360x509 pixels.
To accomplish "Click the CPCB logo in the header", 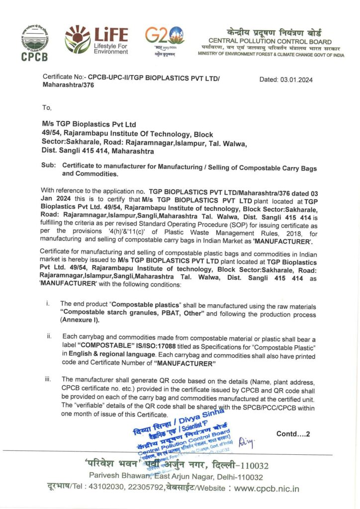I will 35,43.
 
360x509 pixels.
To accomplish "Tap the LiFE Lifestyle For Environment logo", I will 96,40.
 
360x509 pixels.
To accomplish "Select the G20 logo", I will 165,40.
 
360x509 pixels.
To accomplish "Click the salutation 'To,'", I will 47,107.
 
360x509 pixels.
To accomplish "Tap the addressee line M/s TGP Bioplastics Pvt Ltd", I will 89,124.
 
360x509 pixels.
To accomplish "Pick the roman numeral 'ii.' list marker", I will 49,337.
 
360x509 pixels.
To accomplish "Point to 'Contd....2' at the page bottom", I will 293,434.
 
